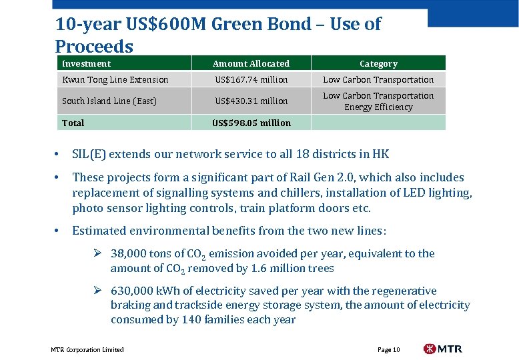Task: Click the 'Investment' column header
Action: click(x=86, y=63)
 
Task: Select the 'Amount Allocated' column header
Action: click(x=251, y=63)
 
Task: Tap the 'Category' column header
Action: click(x=378, y=63)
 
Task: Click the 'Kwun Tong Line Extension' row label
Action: click(x=115, y=79)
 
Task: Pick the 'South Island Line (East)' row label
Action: click(x=109, y=101)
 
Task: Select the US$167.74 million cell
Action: click(x=251, y=79)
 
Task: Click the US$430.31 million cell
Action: click(x=251, y=101)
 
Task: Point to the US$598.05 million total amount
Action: click(x=251, y=123)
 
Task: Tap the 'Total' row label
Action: click(x=73, y=123)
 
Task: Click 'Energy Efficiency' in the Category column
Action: click(x=378, y=107)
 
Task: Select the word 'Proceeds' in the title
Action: click(x=94, y=47)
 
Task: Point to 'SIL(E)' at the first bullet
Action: click(x=89, y=154)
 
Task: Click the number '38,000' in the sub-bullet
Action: click(x=129, y=253)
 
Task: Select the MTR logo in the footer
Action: click(x=442, y=349)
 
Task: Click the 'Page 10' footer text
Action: click(x=388, y=349)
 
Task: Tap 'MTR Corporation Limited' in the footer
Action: click(x=87, y=349)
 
